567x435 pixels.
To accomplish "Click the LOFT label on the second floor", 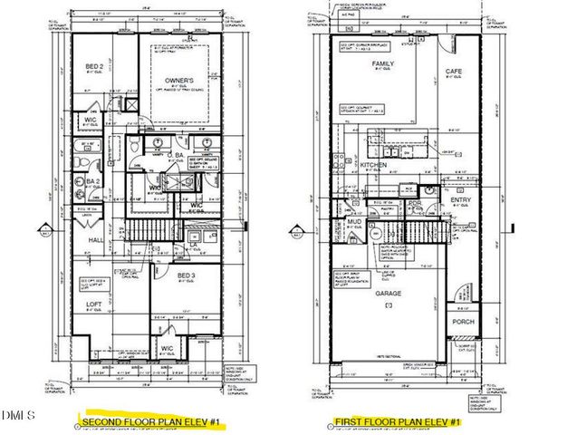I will pyautogui.click(x=94, y=304).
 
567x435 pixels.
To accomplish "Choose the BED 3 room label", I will pyautogui.click(x=187, y=275).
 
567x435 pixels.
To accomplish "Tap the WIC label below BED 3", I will pyautogui.click(x=167, y=347).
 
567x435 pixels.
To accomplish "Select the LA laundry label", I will pyautogui.click(x=193, y=244).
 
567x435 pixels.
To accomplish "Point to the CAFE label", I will pyautogui.click(x=454, y=71).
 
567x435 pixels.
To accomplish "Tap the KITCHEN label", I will pyautogui.click(x=373, y=166).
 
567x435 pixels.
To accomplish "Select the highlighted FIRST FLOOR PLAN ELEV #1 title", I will pyautogui.click(x=398, y=421).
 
